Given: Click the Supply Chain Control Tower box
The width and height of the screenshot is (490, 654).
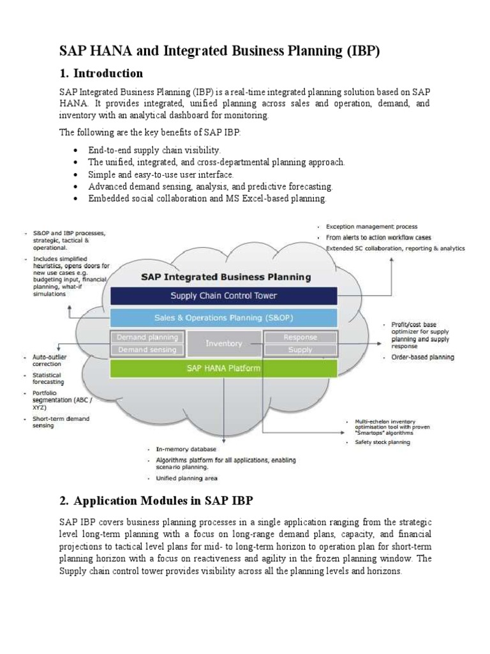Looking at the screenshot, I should pos(223,296).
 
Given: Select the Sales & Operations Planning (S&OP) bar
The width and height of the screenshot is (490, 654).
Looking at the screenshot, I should pos(223,317).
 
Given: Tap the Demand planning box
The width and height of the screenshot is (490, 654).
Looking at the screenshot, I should pos(148,337).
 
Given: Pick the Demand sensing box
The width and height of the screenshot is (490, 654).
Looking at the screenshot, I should pos(148,349).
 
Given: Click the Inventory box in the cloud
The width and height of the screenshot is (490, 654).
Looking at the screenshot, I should pos(223,343).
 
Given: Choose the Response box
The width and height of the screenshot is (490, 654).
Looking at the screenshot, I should pos(300,337).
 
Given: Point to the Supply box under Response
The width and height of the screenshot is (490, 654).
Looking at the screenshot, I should pos(300,349).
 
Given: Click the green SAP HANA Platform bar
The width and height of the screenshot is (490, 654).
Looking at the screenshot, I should pos(223,368).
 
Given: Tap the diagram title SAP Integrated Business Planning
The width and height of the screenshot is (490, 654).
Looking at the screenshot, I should pos(225,277).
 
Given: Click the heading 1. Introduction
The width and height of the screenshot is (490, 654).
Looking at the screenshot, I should pos(101,73).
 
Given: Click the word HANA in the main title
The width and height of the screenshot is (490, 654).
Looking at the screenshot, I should pos(107,51).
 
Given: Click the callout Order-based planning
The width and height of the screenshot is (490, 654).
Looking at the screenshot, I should pos(422,357).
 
